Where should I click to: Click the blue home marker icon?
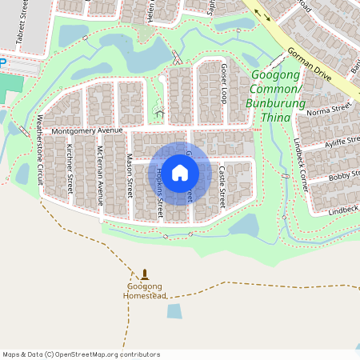point(180,173)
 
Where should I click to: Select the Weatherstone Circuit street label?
point(38,150)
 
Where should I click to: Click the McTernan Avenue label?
point(100,174)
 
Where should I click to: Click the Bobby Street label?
point(344,175)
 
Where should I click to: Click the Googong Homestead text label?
point(145,291)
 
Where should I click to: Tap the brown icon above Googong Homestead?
point(145,274)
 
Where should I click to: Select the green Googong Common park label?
point(277,97)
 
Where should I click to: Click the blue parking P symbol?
point(2,61)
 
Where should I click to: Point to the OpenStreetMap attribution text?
point(81,354)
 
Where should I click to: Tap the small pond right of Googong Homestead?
point(174,311)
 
